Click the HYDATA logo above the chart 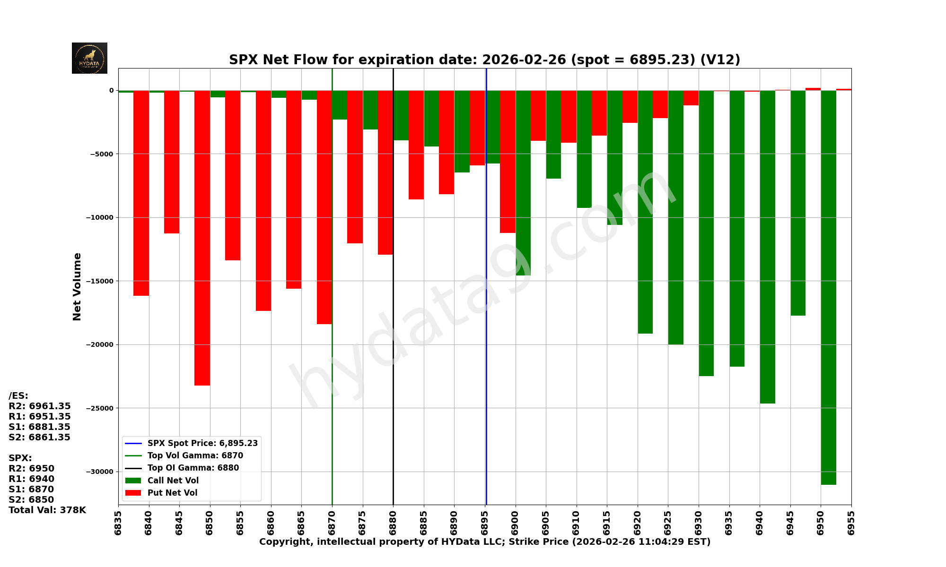89,58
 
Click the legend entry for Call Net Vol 173,481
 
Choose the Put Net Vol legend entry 172,493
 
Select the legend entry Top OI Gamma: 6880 193,468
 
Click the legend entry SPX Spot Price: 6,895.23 202,443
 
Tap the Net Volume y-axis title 77,286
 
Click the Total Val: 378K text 47,510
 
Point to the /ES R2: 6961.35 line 40,406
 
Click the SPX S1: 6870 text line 31,490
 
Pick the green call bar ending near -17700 798,203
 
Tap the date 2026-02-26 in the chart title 524,60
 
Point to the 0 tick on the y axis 111,90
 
